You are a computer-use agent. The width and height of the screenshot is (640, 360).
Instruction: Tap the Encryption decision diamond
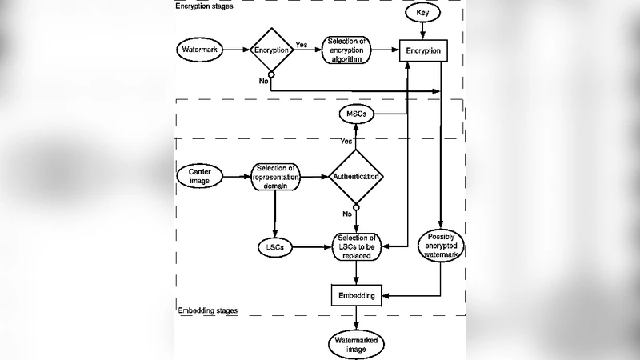point(272,50)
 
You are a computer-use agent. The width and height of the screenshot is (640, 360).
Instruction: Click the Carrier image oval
point(199,176)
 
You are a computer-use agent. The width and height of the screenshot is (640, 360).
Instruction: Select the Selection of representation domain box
point(274,176)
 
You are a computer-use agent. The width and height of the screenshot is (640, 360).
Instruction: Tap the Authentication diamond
point(356,176)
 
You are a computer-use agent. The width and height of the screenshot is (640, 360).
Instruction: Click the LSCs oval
point(274,247)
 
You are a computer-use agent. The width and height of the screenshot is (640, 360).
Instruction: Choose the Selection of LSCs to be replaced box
point(356,248)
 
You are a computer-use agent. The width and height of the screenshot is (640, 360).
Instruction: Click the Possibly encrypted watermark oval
point(441,248)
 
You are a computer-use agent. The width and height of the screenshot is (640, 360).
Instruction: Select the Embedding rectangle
point(356,295)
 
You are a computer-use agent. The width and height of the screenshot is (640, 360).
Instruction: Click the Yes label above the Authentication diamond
point(346,141)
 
